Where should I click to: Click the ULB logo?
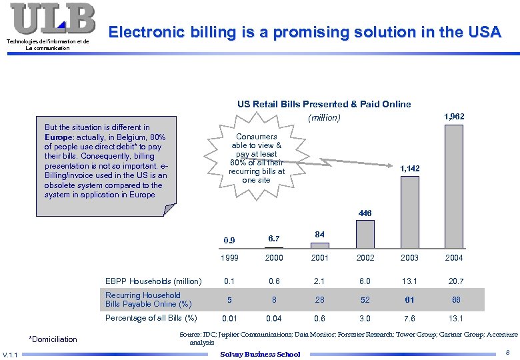point(53,19)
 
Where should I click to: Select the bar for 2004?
point(453,187)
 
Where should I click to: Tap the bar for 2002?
point(365,234)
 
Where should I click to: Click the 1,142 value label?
point(409,169)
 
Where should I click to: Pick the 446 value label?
point(365,213)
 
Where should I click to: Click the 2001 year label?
point(319,257)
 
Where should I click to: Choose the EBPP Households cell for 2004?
point(456,281)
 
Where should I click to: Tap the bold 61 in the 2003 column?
point(410,299)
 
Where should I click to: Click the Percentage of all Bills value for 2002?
point(365,318)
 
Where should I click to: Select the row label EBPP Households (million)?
point(153,281)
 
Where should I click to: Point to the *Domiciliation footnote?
point(53,339)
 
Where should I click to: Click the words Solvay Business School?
point(260,354)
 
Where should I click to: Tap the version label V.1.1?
point(11,354)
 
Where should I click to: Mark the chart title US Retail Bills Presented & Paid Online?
point(324,104)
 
